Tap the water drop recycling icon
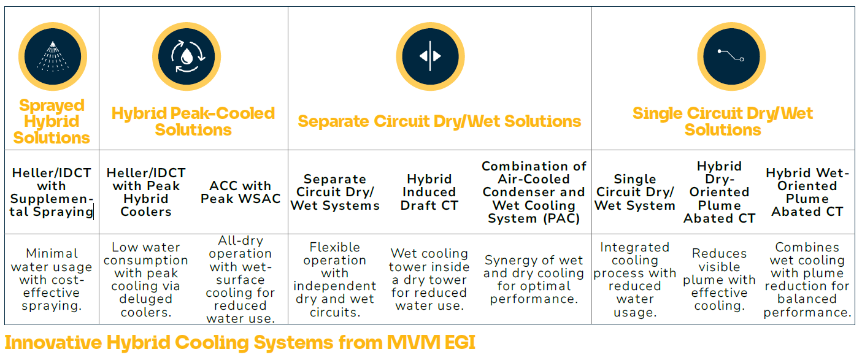pyautogui.click(x=186, y=54)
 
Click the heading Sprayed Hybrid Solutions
pyautogui.click(x=52, y=121)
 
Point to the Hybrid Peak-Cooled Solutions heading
pyautogui.click(x=193, y=121)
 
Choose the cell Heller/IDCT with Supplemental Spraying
pyautogui.click(x=52, y=192)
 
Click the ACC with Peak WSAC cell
pyautogui.click(x=241, y=192)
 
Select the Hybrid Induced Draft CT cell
pyautogui.click(x=429, y=192)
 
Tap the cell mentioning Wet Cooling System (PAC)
pyautogui.click(x=534, y=192)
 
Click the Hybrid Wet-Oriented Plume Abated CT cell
pyautogui.click(x=807, y=192)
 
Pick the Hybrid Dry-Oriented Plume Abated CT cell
pyautogui.click(x=719, y=192)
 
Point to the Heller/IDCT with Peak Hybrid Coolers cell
pyautogui.click(x=146, y=192)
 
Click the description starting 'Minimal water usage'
pyautogui.click(x=52, y=279)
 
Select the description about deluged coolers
pyautogui.click(x=146, y=279)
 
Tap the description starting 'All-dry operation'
pyautogui.click(x=241, y=279)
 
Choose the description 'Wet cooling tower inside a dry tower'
pyautogui.click(x=429, y=279)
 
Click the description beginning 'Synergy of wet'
pyautogui.click(x=534, y=279)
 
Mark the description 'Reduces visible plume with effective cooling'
pyautogui.click(x=719, y=279)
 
